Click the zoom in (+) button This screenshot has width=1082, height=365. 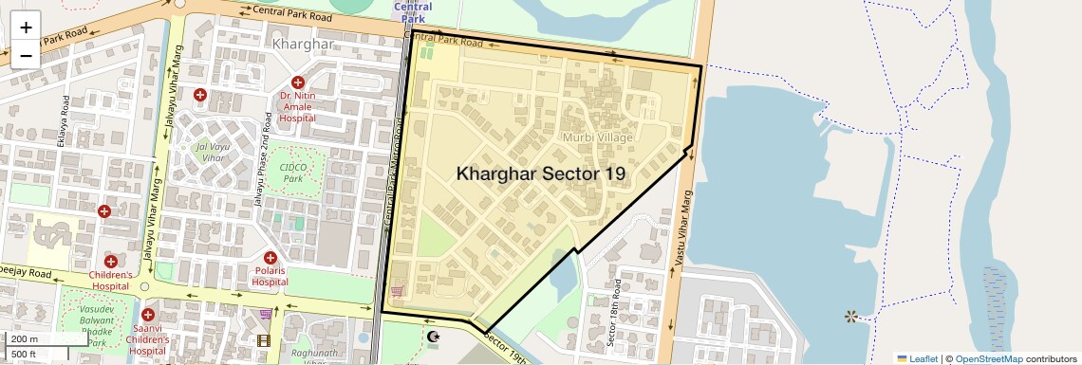pyautogui.click(x=26, y=27)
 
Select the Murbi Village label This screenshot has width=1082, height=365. pyautogui.click(x=598, y=137)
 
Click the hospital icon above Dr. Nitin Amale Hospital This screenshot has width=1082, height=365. pyautogui.click(x=298, y=82)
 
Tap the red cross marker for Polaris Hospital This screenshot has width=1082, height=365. pyautogui.click(x=270, y=257)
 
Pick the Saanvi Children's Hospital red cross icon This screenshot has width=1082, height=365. pyautogui.click(x=147, y=315)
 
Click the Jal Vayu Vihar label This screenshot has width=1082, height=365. pyautogui.click(x=213, y=154)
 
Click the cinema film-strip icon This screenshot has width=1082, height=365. pyautogui.click(x=264, y=340)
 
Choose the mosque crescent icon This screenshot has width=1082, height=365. pyautogui.click(x=435, y=338)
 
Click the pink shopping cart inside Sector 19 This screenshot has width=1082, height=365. pyautogui.click(x=397, y=291)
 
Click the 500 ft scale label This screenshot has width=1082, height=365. pyautogui.click(x=25, y=354)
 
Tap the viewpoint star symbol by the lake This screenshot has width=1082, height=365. pyautogui.click(x=850, y=316)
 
